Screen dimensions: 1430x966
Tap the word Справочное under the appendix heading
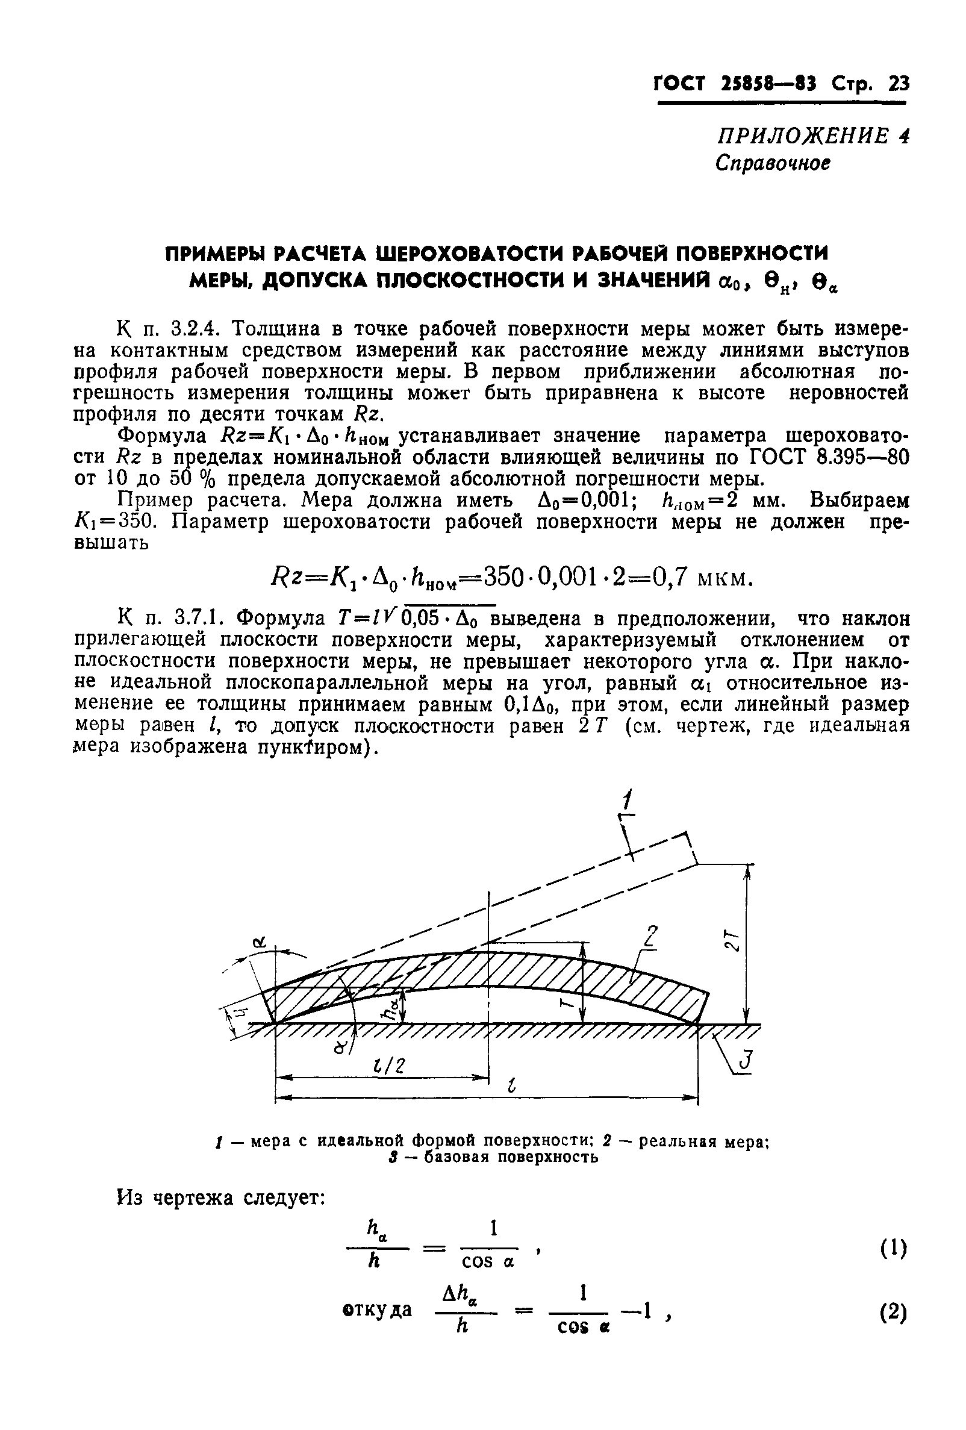(x=773, y=163)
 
